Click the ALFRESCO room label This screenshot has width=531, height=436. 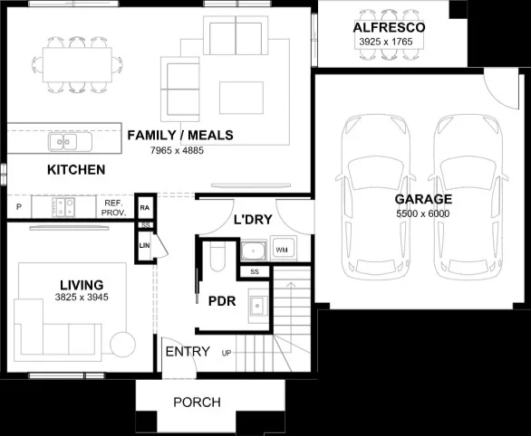pos(389,29)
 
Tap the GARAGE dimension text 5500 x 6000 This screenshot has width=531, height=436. pos(422,213)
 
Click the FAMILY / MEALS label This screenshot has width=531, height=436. pos(179,136)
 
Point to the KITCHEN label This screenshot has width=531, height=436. pos(76,170)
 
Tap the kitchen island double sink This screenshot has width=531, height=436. pos(62,141)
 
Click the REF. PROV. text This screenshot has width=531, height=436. pos(113,208)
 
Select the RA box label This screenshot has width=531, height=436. pos(144,208)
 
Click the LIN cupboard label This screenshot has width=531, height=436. pos(144,245)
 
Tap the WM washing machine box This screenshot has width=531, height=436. pos(281,249)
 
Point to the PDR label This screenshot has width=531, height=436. pos(222,302)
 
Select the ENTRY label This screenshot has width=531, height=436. pos(188,351)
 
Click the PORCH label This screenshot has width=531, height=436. pos(197,403)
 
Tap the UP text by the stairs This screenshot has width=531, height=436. pos(227,353)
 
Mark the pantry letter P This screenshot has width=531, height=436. pos(17,208)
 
